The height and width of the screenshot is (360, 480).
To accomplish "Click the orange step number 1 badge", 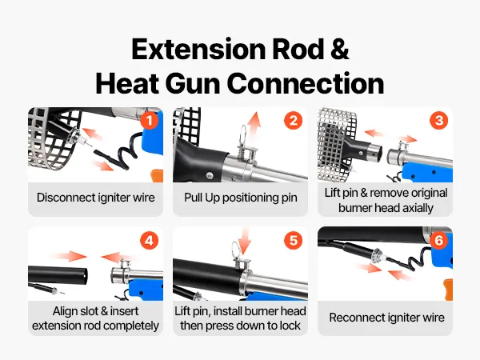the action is pyautogui.click(x=149, y=121).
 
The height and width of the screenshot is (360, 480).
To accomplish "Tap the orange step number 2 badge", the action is pyautogui.click(x=294, y=121).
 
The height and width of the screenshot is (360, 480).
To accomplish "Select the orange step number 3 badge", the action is pyautogui.click(x=438, y=120).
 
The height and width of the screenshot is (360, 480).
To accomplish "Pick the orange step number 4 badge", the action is pyautogui.click(x=149, y=240).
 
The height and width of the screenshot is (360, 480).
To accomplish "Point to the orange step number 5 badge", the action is pyautogui.click(x=294, y=240).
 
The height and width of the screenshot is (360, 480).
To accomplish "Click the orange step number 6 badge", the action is pyautogui.click(x=438, y=240).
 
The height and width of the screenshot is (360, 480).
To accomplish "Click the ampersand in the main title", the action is pyautogui.click(x=339, y=50).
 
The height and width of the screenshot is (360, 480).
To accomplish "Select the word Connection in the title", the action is pyautogui.click(x=306, y=83).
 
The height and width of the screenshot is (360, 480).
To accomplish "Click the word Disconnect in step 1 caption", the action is pyautogui.click(x=66, y=198).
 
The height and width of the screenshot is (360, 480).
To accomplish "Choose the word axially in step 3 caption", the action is pyautogui.click(x=418, y=208).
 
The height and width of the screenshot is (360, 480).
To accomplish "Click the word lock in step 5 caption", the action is pyautogui.click(x=290, y=326).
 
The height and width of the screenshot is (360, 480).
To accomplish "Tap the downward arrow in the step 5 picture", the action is pyautogui.click(x=244, y=241).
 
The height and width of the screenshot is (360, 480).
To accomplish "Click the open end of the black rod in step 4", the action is pyautogui.click(x=84, y=276).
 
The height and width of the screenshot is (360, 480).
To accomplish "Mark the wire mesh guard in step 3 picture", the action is pyautogui.click(x=337, y=144).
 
